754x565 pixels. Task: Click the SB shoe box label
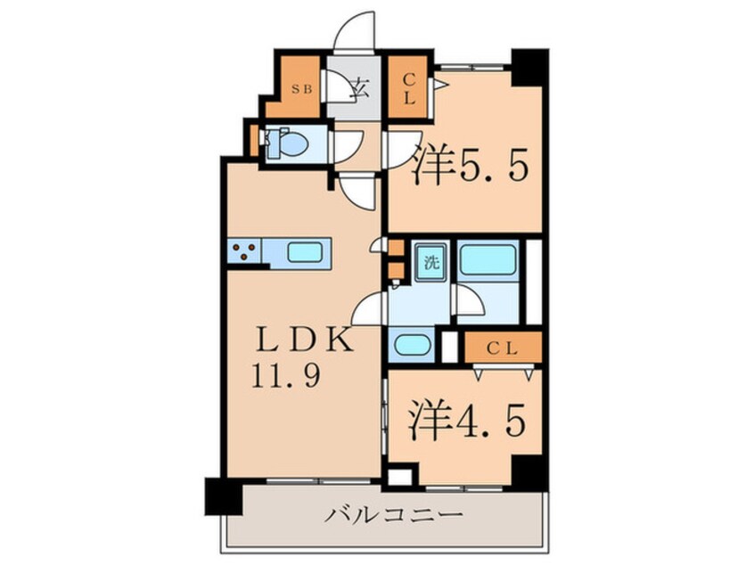pos(301,88)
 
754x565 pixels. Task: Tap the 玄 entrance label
pos(361,88)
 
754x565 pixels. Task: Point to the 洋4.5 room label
pos(461,422)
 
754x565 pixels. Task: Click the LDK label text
pos(295,340)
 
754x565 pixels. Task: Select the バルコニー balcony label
pos(393,515)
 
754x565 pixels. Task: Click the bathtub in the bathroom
pos(487,260)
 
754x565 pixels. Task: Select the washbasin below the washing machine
pos(410,344)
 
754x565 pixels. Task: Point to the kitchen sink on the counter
pos(305,253)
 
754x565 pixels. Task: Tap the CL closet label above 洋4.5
pos(504,346)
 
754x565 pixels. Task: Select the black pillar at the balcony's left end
pos(222,495)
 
